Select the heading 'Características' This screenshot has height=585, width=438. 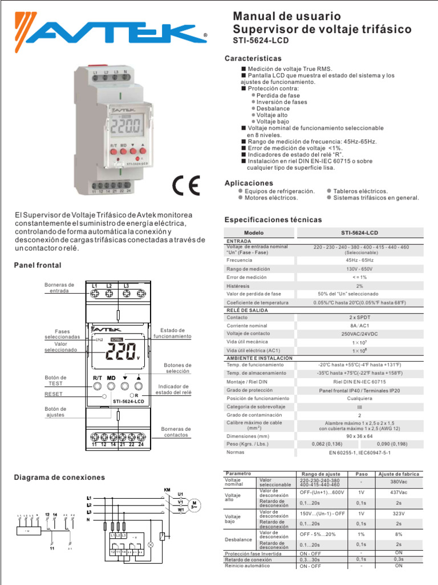click(253, 58)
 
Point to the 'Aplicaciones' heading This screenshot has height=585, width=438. click(249, 183)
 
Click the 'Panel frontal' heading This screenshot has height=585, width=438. click(37, 266)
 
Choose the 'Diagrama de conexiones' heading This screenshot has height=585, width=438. click(59, 477)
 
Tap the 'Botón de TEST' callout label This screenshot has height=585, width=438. click(56, 381)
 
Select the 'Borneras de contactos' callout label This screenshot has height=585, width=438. click(176, 432)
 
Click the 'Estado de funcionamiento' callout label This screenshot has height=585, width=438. click(172, 334)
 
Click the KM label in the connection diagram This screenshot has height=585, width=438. click(167, 490)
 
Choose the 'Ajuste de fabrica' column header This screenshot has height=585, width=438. click(399, 474)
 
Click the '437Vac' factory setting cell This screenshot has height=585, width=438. click(399, 492)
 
